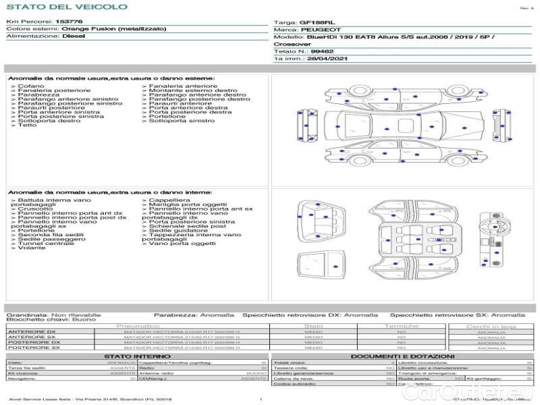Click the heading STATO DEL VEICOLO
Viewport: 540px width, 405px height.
pos(67,7)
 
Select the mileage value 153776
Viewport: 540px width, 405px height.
pos(70,22)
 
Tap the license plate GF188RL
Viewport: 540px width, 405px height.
pos(316,22)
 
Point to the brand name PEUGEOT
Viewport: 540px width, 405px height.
pos(317,30)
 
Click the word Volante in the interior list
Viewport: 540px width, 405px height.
pos(32,248)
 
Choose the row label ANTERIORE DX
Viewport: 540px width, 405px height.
pos(32,332)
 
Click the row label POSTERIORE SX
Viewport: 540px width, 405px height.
pos(33,348)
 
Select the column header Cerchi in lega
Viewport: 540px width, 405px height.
pos(491,326)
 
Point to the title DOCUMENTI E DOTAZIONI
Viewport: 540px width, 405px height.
pos(402,356)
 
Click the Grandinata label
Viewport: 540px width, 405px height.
pos(27,315)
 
